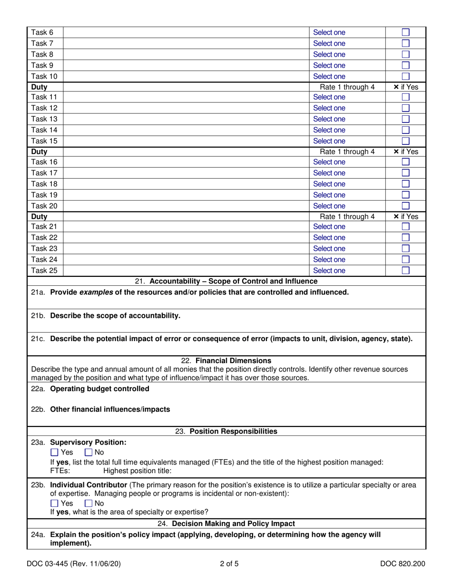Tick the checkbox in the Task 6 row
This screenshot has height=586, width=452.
(x=406, y=33)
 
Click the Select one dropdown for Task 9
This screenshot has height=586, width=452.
(x=329, y=65)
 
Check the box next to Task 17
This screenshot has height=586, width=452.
(x=406, y=173)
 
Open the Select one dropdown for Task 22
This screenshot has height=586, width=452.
(x=329, y=238)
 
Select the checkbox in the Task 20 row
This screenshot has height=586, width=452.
(x=406, y=206)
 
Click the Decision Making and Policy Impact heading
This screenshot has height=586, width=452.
(x=226, y=524)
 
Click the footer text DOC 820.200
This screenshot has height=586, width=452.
(x=403, y=565)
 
